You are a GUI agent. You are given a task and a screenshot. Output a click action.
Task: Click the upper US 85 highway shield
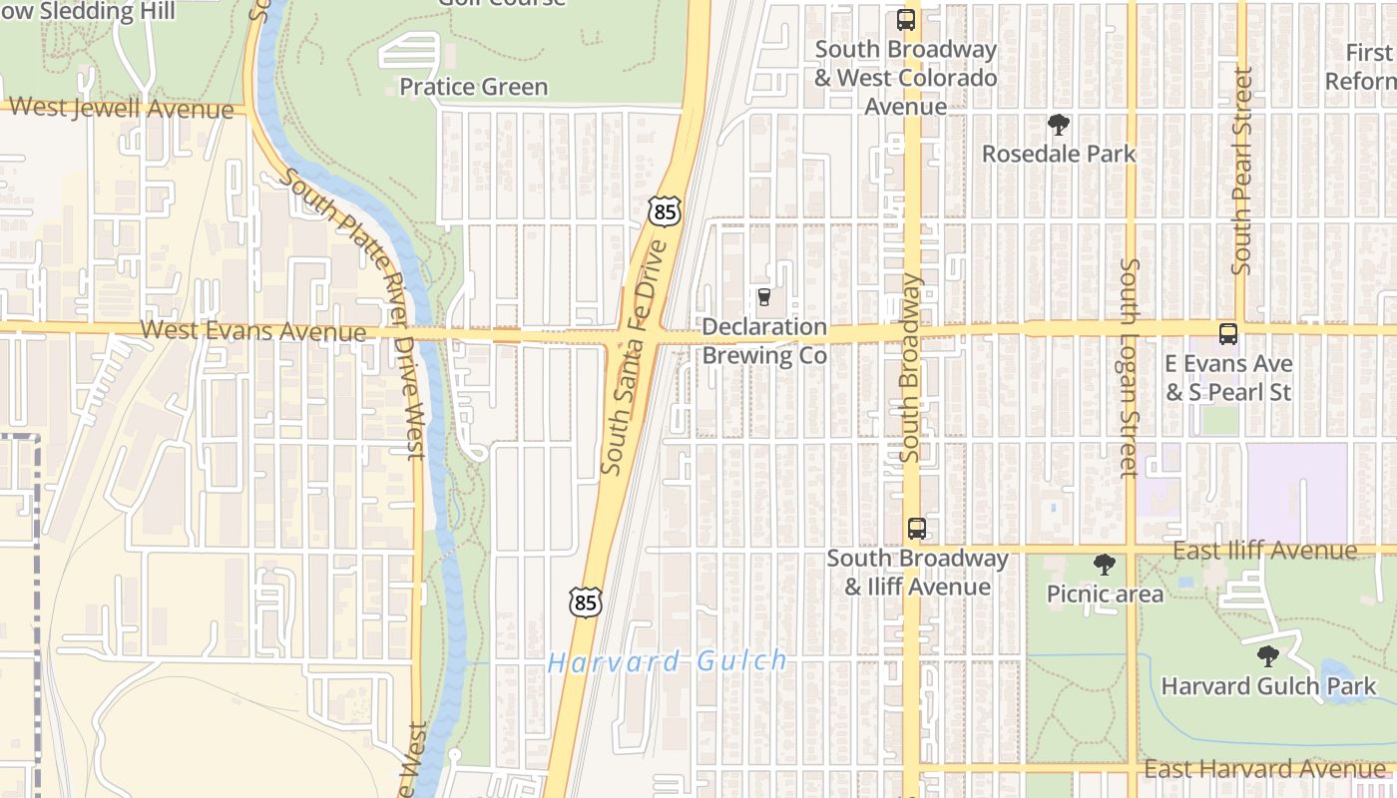coord(664,210)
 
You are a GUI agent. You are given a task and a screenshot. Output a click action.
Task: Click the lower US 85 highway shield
coord(586,601)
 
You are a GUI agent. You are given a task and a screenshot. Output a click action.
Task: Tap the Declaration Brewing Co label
coord(764,341)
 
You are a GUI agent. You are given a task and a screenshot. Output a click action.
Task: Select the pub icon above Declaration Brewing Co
coord(764,297)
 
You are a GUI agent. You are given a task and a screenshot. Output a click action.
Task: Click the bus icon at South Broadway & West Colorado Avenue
coord(906,19)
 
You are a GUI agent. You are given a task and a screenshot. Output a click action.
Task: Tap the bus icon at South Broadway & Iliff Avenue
coord(916,528)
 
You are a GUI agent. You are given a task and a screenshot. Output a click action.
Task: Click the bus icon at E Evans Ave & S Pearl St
coord(1228,334)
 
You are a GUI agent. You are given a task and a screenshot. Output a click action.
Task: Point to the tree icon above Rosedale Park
coord(1059,125)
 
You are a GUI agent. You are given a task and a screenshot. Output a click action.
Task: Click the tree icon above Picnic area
coord(1105,566)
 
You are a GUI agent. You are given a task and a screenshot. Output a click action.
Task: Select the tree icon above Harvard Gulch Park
coord(1267,656)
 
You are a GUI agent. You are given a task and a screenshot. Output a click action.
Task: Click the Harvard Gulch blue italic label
coord(668,661)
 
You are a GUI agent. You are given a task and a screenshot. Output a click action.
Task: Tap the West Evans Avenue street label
coord(253,330)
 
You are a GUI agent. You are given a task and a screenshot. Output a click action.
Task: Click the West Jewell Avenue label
coord(121,109)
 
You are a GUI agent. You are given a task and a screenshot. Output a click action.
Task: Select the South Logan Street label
coord(1130,368)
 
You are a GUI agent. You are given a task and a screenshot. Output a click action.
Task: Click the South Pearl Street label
coord(1241,171)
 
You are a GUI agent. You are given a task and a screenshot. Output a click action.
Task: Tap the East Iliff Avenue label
coord(1264,551)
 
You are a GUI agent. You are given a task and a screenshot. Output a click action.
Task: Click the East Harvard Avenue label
coord(1264,769)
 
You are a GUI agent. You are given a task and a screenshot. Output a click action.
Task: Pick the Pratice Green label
coord(474,87)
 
